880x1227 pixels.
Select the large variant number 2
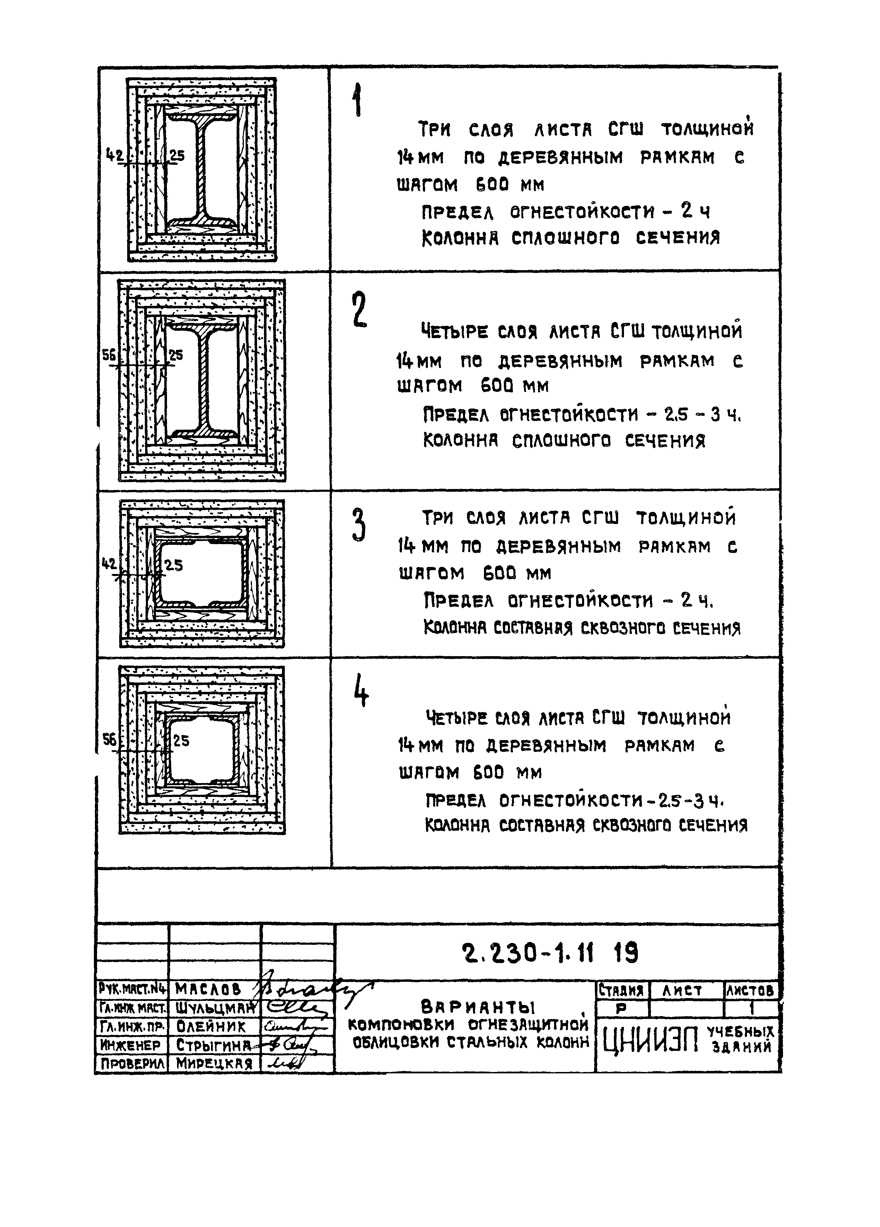pyautogui.click(x=358, y=309)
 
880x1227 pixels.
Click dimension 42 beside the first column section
pyautogui.click(x=114, y=156)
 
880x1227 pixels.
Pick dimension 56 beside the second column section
pyautogui.click(x=109, y=355)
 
